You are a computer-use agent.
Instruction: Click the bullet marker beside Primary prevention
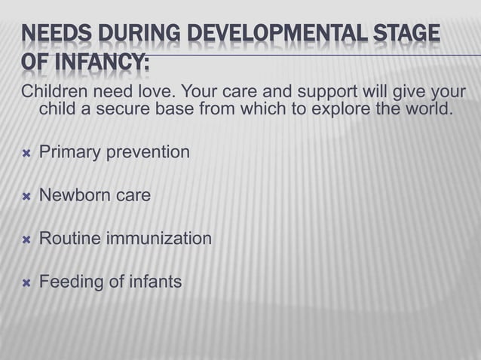[26, 153]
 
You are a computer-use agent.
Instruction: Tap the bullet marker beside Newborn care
[26, 196]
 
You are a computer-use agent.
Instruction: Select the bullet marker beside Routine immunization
[26, 239]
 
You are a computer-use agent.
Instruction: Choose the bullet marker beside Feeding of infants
[26, 283]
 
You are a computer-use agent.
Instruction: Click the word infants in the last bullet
[155, 283]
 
